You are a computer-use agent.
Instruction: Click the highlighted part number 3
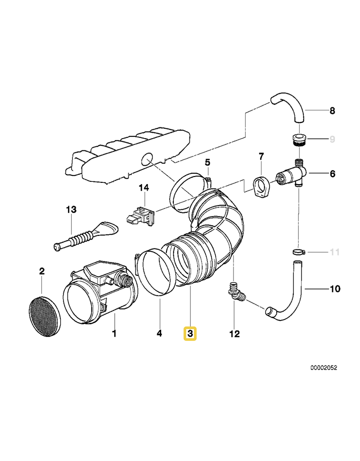[190, 334]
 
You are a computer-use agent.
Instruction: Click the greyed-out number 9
[332, 140]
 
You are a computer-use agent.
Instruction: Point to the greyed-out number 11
[334, 252]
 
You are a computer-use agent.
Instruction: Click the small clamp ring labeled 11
[297, 252]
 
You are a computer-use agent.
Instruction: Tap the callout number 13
[71, 209]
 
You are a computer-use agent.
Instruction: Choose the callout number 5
[207, 162]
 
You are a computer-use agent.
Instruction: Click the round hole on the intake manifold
[146, 159]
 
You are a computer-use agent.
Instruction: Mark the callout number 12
[234, 334]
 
